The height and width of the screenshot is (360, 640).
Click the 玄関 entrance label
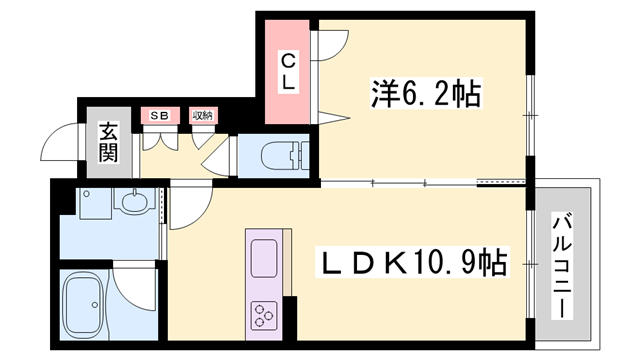pyautogui.click(x=107, y=141)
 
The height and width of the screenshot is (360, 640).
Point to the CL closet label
pyautogui.click(x=288, y=72)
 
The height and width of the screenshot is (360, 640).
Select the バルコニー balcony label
pyautogui.click(x=563, y=266)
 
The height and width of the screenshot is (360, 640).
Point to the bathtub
pyautogui.click(x=85, y=306)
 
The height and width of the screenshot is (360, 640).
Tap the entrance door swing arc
pyautogui.click(x=60, y=147)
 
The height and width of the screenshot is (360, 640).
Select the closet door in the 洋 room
pyautogui.click(x=331, y=45)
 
